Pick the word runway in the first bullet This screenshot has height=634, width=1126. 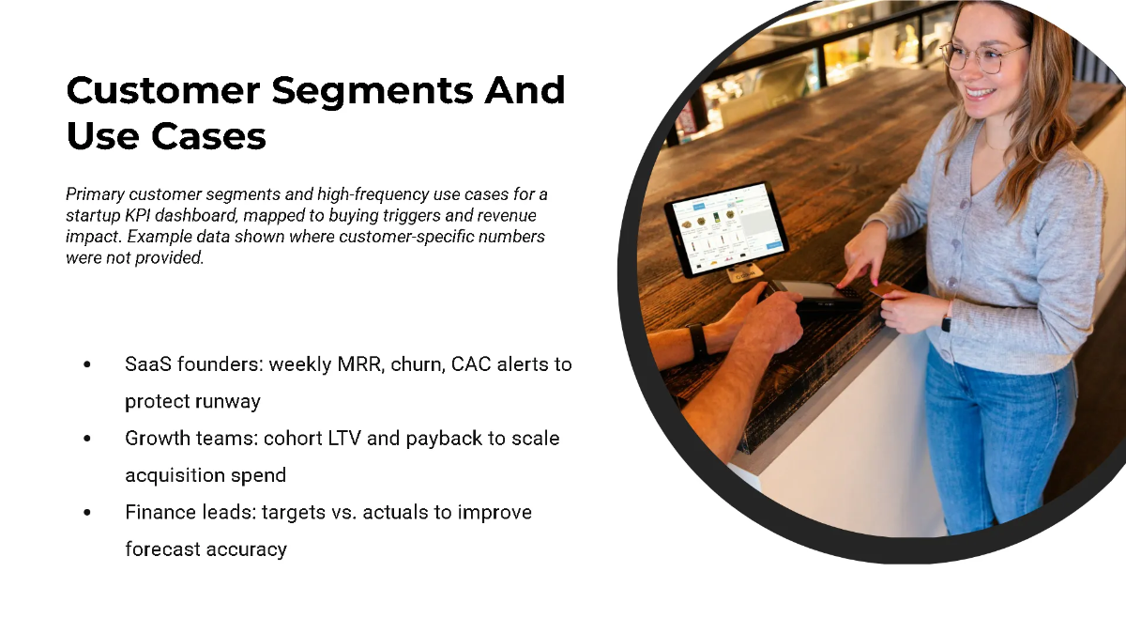click(x=228, y=401)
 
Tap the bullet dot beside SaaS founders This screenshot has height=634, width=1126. click(x=87, y=364)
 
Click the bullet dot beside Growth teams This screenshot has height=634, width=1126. click(x=87, y=439)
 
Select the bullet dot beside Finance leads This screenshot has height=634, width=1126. click(x=87, y=513)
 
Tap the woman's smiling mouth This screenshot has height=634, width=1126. click(x=981, y=92)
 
